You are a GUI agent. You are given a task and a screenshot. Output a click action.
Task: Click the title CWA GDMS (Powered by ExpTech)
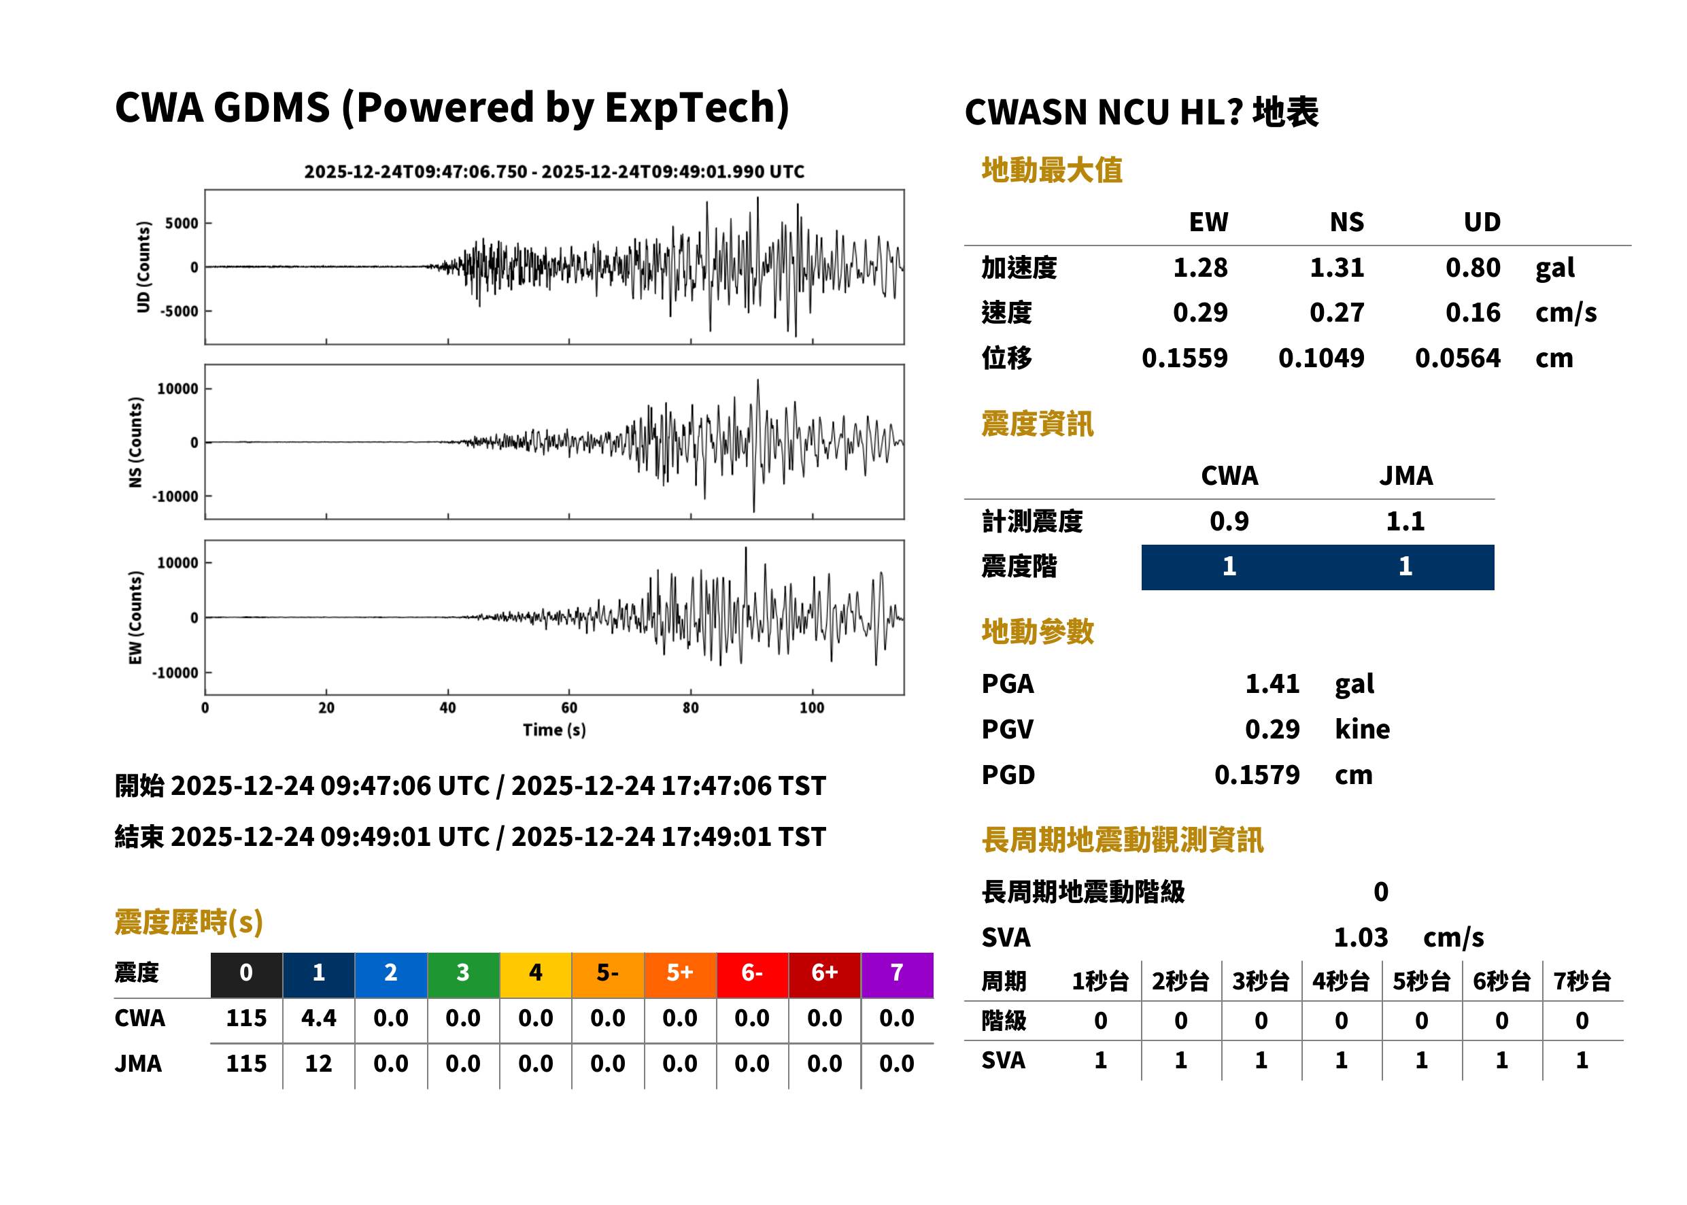451,107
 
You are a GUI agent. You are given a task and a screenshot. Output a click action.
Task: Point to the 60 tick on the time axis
569,708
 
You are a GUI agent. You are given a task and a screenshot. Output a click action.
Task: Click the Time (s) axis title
554,730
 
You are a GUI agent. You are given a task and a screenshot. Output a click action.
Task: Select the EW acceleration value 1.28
1199,268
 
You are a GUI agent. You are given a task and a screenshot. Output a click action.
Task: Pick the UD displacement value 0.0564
1457,358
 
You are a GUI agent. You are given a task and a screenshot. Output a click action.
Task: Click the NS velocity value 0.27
1336,313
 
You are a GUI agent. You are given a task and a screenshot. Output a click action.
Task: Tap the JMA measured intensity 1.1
1405,522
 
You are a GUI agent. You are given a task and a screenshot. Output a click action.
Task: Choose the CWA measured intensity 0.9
1229,522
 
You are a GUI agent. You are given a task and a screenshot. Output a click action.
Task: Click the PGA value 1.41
1272,684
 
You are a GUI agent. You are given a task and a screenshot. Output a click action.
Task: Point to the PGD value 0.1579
1257,775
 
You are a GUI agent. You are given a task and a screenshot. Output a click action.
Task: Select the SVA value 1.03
1361,938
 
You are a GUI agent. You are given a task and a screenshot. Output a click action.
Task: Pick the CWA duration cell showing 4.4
318,1019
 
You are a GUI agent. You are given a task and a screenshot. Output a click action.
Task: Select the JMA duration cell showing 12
318,1064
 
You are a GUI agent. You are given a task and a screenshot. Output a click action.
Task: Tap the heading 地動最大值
1052,171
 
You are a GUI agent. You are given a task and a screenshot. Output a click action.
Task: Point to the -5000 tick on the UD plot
179,311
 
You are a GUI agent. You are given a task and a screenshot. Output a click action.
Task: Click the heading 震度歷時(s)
189,922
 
